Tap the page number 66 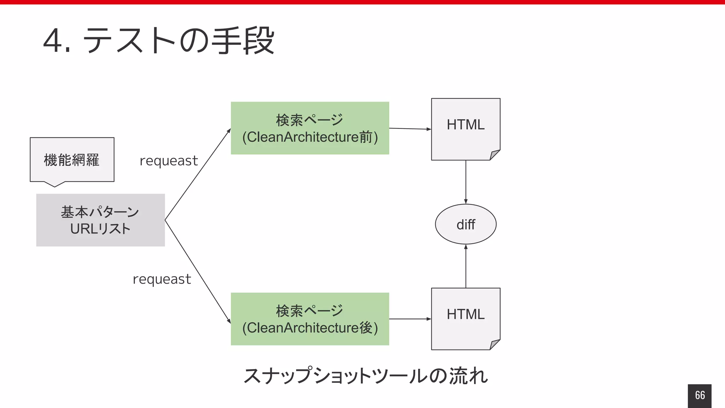pyautogui.click(x=700, y=395)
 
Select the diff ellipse pyautogui.click(x=466, y=224)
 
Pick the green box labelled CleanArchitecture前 pyautogui.click(x=310, y=128)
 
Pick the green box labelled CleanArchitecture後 pyautogui.click(x=310, y=319)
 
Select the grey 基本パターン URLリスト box pyautogui.click(x=101, y=220)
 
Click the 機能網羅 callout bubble pyautogui.click(x=72, y=160)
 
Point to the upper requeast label pyautogui.click(x=169, y=161)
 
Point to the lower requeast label pyautogui.click(x=162, y=279)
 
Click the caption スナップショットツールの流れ pyautogui.click(x=365, y=376)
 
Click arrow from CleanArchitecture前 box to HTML pyautogui.click(x=410, y=129)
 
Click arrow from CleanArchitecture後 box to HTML pyautogui.click(x=410, y=319)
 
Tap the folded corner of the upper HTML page pyautogui.click(x=495, y=155)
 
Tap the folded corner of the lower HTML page pyautogui.click(x=495, y=345)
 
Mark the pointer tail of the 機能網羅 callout pyautogui.click(x=55, y=184)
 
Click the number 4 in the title pyautogui.click(x=53, y=41)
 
